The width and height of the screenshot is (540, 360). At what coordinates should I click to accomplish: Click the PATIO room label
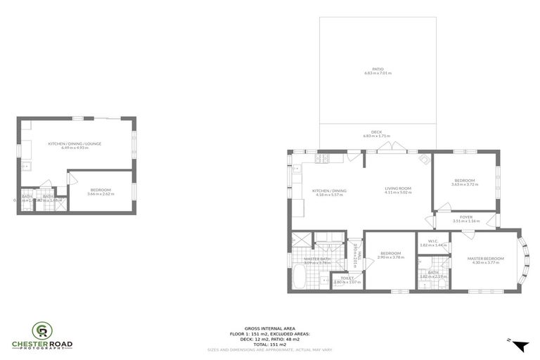click(x=378, y=69)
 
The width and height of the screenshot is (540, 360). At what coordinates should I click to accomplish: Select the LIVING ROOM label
click(x=397, y=188)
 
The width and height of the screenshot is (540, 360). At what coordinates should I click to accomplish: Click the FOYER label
click(x=466, y=217)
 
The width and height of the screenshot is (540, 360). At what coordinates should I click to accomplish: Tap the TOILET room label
click(x=347, y=278)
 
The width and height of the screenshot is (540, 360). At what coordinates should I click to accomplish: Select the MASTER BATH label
click(x=317, y=259)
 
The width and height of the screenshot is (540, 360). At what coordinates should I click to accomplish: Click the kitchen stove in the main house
click(x=324, y=159)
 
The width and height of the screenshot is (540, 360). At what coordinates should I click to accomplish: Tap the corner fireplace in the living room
click(x=423, y=159)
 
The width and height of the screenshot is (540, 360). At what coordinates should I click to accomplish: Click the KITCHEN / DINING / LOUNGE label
click(x=75, y=143)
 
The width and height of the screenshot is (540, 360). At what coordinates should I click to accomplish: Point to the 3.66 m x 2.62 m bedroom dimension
click(x=101, y=193)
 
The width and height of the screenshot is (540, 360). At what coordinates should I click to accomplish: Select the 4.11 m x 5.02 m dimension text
click(x=397, y=192)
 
